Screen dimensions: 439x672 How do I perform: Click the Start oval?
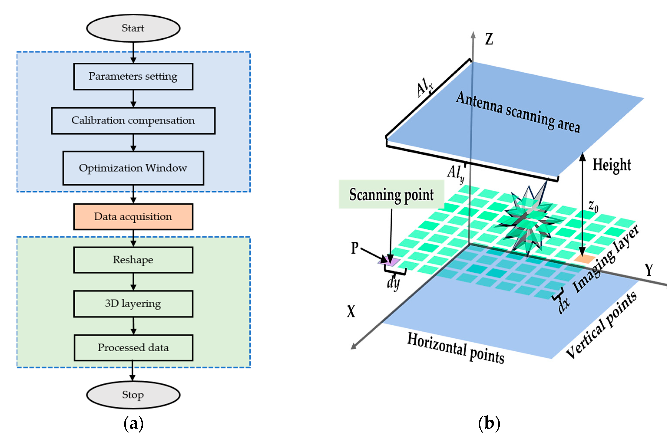(133, 28)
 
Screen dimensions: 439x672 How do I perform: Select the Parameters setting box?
(133, 77)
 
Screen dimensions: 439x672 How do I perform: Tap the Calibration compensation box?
(133, 121)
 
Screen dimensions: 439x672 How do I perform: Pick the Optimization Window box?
(133, 168)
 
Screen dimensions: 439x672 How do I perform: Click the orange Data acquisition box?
(133, 217)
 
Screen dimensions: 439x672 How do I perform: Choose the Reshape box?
(133, 260)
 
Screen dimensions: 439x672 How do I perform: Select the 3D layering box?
(133, 304)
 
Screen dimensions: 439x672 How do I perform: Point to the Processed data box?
(133, 348)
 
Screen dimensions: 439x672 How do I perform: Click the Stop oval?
(133, 395)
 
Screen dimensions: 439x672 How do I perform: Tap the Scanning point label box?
(391, 194)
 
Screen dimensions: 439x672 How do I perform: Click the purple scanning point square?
(389, 262)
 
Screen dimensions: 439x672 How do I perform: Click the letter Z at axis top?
(489, 39)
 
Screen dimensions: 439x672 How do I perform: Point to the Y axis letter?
(649, 270)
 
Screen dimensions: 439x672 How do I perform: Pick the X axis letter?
(351, 311)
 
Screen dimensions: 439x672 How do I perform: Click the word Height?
(612, 165)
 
